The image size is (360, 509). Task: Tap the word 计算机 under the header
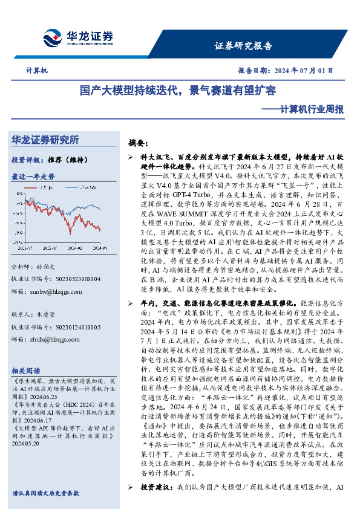[x=37, y=70]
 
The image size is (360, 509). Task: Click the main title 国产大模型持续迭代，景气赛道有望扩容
[x=178, y=91]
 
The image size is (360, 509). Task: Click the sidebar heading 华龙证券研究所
[x=45, y=140]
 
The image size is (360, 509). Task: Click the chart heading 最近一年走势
[x=33, y=177]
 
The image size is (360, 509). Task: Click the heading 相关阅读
[x=26, y=370]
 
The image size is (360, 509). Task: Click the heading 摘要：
[x=138, y=143]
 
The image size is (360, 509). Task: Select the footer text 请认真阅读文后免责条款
[x=45, y=493]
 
